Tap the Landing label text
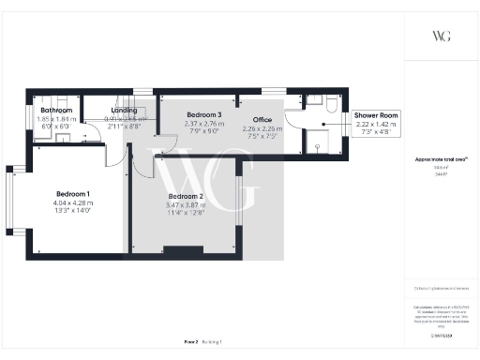124,111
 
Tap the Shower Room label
376,115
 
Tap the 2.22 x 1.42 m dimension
376,124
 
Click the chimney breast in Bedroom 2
182,248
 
